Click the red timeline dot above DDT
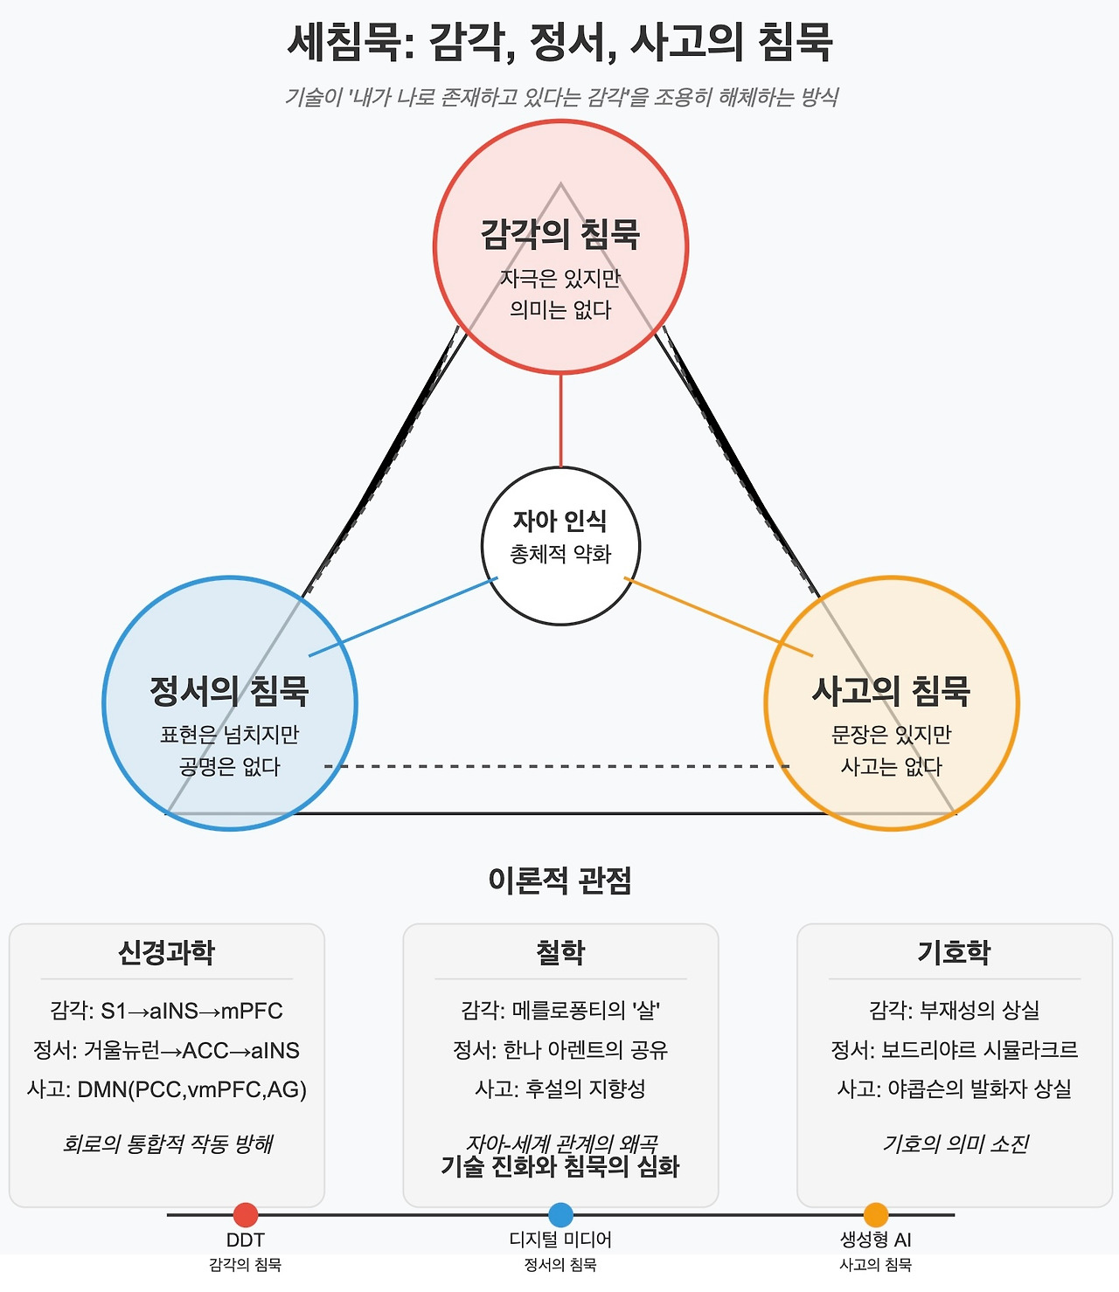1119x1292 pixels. pos(246,1214)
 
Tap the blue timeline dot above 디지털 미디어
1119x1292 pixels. pos(560,1214)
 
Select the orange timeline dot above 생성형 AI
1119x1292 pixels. pos(875,1214)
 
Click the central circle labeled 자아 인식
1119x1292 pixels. pos(560,546)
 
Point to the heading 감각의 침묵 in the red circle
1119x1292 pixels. pos(560,234)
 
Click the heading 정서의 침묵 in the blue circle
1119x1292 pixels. pos(229,691)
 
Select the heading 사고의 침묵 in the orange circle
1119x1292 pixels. pos(891,691)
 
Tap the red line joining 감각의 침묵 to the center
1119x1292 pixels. pos(560,419)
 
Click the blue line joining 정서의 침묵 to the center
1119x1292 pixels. pos(402,617)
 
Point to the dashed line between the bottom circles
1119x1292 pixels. pos(559,766)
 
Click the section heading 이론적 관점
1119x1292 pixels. pos(560,881)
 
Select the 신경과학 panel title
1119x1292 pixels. pos(166,952)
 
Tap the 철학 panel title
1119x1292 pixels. pos(560,952)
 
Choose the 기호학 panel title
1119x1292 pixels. pos(954,952)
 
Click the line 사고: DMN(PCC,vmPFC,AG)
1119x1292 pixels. pos(166,1089)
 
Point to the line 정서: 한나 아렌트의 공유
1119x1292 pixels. pos(560,1050)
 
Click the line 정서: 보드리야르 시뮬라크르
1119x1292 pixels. pos(954,1050)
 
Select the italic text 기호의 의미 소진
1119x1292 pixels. pos(956,1143)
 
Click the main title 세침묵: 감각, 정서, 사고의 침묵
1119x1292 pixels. pos(560,42)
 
